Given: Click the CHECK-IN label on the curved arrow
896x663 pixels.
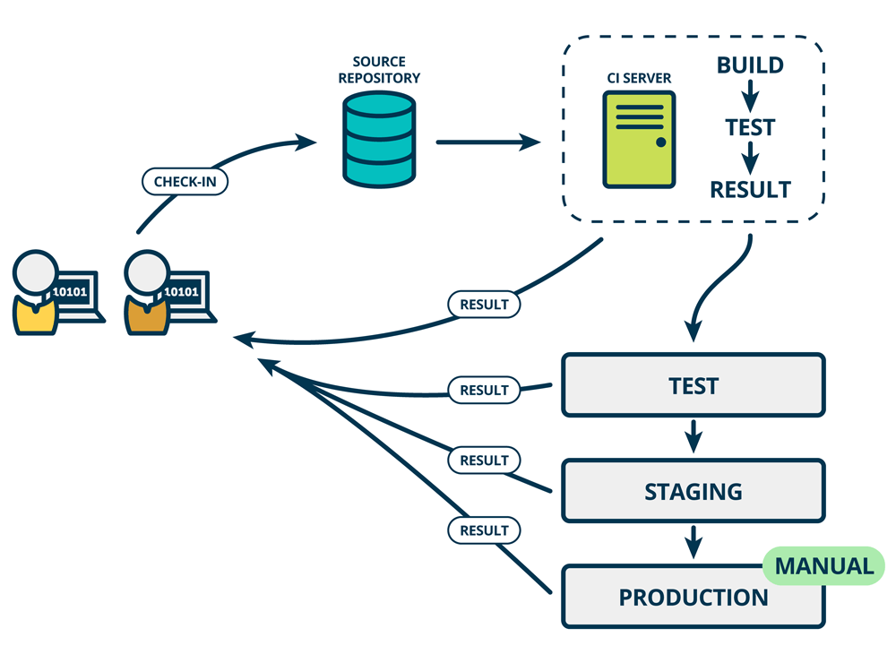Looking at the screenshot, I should click(185, 182).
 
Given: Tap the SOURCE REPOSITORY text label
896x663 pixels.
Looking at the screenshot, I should click(379, 70).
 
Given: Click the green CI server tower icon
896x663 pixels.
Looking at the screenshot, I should click(639, 140).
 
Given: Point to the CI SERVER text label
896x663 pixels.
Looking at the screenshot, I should click(639, 79).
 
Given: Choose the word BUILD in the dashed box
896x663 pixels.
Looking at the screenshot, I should click(750, 65).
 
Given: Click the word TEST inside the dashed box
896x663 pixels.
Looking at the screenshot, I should click(750, 127).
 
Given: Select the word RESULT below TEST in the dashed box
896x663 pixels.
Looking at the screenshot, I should click(750, 189).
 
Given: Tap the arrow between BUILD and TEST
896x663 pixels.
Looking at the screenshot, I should click(750, 95).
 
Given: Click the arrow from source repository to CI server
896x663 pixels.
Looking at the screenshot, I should click(487, 142).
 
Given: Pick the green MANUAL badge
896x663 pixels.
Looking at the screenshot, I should click(823, 566).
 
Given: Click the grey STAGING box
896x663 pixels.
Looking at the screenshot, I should click(693, 491).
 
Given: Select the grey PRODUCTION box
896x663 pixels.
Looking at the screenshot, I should click(693, 597).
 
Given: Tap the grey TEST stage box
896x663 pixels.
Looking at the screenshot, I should click(693, 385).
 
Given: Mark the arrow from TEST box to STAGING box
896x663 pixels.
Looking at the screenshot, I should click(693, 437).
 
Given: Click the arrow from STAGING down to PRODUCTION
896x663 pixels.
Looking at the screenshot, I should click(693, 543).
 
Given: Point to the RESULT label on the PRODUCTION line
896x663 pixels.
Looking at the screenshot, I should click(484, 530).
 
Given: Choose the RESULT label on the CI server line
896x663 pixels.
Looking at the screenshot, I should click(484, 304).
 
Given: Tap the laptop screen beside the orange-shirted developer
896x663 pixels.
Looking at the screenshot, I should click(184, 292).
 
